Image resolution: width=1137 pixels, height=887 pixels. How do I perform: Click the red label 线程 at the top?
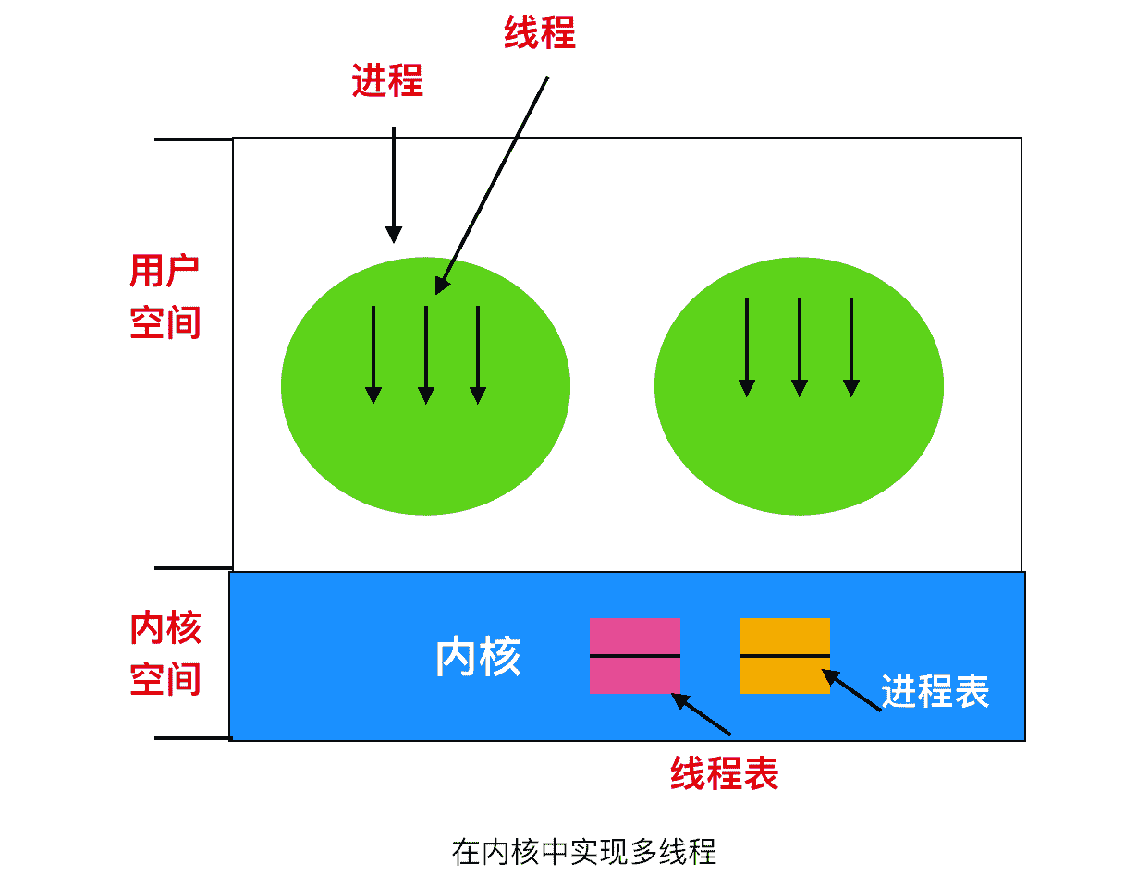(x=540, y=34)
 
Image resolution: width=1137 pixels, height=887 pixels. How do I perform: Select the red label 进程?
(x=387, y=81)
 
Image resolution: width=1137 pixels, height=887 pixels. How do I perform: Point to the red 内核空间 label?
(x=165, y=654)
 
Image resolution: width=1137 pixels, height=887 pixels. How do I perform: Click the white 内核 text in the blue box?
(x=478, y=657)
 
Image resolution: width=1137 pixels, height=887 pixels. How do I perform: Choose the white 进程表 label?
(x=935, y=691)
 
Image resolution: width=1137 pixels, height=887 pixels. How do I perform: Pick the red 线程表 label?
(x=725, y=773)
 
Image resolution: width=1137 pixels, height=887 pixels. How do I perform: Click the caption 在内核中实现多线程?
(x=584, y=851)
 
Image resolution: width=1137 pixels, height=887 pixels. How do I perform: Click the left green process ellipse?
(x=425, y=453)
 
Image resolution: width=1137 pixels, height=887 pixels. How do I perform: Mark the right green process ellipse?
(x=799, y=453)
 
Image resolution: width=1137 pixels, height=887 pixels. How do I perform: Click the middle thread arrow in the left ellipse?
(x=425, y=355)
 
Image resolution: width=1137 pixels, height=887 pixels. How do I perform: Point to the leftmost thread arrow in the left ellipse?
(x=373, y=355)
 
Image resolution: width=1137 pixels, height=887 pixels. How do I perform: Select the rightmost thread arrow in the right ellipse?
(x=851, y=347)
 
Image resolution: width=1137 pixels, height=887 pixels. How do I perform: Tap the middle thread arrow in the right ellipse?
(x=800, y=347)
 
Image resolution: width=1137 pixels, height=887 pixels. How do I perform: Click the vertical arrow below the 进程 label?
(x=394, y=185)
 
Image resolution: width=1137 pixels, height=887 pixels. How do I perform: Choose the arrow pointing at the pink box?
(x=701, y=714)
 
